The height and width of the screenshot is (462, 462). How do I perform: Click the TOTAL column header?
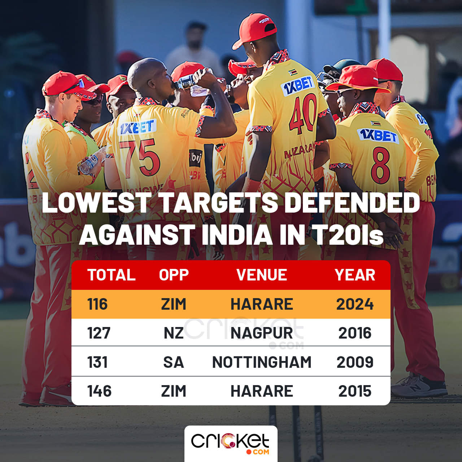pyautogui.click(x=111, y=275)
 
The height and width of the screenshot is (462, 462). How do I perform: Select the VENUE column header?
pyautogui.click(x=262, y=275)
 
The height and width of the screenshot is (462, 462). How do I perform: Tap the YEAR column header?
pyautogui.click(x=355, y=275)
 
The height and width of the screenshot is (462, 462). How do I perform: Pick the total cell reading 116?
pyautogui.click(x=97, y=304)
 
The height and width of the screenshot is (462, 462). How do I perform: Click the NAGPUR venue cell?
pyautogui.click(x=262, y=333)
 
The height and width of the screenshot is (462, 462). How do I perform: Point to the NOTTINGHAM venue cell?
pyautogui.click(x=262, y=362)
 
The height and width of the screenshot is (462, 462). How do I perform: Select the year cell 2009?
pyautogui.click(x=355, y=362)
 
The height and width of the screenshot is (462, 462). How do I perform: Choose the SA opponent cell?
pyautogui.click(x=174, y=362)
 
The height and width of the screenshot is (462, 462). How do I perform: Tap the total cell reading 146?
pyautogui.click(x=99, y=391)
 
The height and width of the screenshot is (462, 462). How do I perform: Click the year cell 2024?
pyautogui.click(x=355, y=304)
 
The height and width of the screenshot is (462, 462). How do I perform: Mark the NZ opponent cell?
pyautogui.click(x=174, y=333)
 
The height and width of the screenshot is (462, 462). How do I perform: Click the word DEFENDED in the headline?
pyautogui.click(x=352, y=203)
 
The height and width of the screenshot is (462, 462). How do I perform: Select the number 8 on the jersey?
pyautogui.click(x=380, y=165)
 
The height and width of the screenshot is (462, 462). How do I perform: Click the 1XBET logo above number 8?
pyautogui.click(x=378, y=135)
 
